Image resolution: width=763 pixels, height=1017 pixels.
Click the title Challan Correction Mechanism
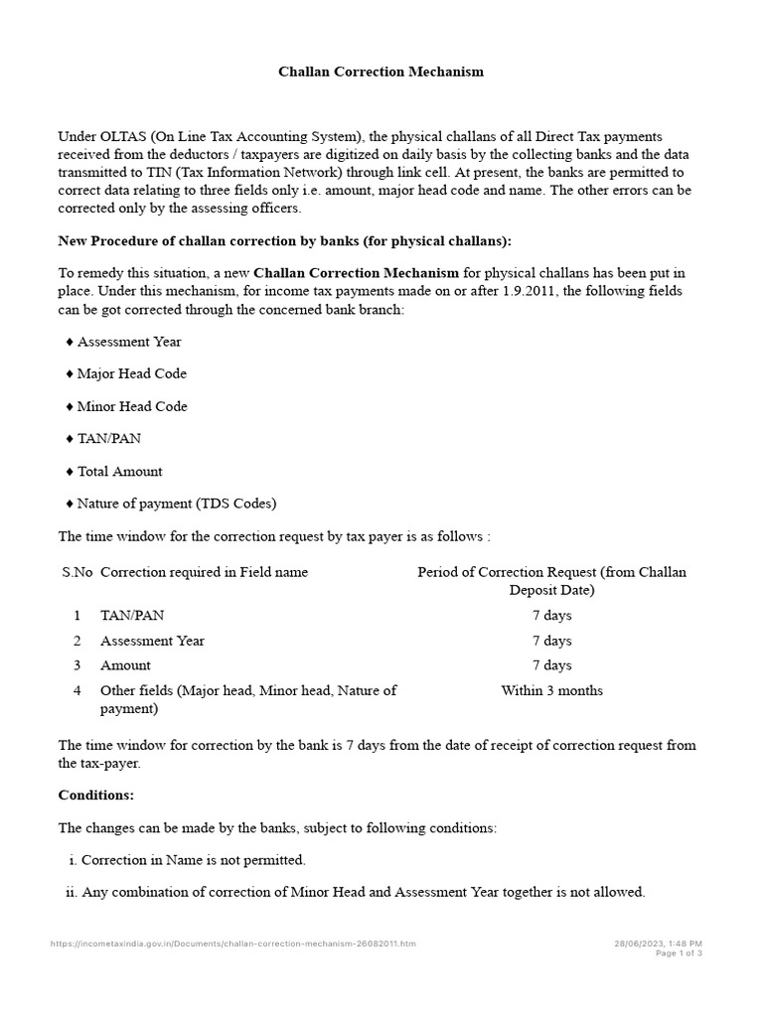[x=381, y=73]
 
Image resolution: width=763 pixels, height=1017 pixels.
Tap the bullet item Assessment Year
[x=129, y=342]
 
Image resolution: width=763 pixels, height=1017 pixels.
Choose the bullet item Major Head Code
[x=131, y=374]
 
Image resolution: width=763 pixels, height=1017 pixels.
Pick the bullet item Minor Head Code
[x=131, y=406]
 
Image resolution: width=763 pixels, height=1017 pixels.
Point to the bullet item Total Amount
[x=119, y=472]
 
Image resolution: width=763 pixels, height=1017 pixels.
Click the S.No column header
[x=76, y=572]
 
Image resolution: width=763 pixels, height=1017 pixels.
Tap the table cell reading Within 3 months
[x=551, y=690]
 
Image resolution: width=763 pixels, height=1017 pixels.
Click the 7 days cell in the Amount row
[x=551, y=665]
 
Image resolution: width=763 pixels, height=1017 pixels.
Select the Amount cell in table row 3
[x=125, y=665]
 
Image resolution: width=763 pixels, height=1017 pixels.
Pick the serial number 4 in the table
[x=76, y=690]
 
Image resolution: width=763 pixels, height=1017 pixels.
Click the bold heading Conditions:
[x=96, y=796]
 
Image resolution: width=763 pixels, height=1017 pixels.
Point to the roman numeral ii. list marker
[x=71, y=892]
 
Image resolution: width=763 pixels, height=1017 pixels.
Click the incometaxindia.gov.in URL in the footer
[x=233, y=943]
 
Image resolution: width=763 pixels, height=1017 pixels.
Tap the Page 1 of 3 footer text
[x=679, y=953]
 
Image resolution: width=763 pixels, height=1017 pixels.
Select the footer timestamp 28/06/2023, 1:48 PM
[x=658, y=943]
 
